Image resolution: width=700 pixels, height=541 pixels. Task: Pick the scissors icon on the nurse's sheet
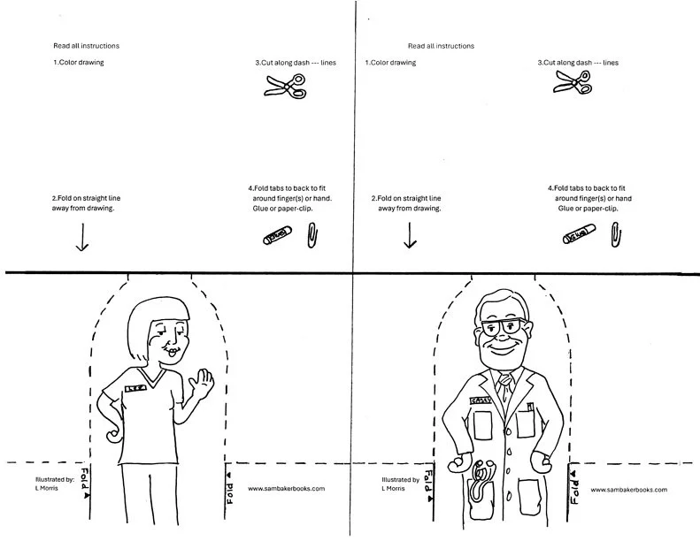tap(285, 85)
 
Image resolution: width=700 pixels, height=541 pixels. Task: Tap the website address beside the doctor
tap(628, 489)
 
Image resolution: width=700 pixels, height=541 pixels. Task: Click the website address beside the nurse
tap(286, 488)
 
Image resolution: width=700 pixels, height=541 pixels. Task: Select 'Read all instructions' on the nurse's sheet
tap(86, 46)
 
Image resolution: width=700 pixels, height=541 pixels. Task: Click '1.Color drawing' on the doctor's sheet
tap(390, 63)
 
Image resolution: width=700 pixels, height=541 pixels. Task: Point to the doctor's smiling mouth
tap(501, 347)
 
